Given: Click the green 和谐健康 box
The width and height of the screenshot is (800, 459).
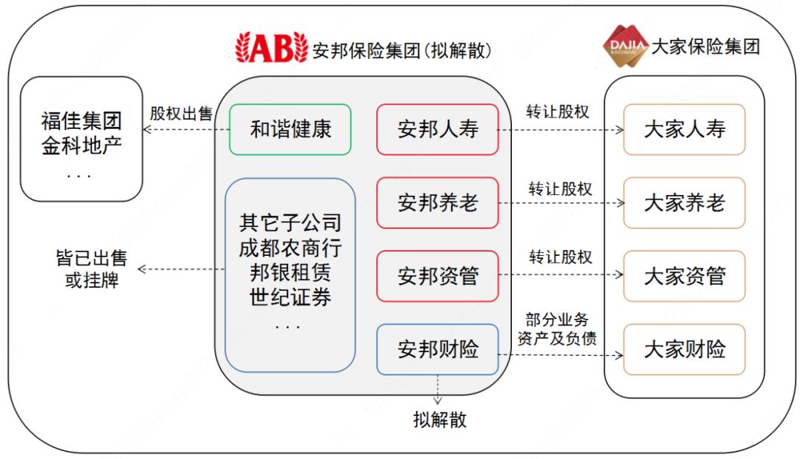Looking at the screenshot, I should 290,130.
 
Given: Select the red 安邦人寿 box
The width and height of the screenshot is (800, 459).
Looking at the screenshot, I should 437,130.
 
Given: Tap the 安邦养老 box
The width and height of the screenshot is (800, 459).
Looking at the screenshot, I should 437,202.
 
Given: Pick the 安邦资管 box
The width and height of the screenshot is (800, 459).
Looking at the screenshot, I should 437,276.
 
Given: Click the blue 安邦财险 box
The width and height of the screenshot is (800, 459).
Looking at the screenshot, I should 437,349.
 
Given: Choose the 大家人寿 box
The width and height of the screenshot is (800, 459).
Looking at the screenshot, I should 684,130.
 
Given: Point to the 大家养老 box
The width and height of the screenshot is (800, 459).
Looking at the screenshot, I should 684,202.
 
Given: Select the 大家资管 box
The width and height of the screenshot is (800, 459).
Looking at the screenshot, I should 684,276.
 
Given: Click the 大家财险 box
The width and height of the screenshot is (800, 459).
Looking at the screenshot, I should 684,349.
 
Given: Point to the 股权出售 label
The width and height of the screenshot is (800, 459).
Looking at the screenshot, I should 181,113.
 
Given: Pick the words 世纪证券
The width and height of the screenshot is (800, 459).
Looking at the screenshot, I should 290,298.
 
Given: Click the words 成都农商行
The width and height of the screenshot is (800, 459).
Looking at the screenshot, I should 290,247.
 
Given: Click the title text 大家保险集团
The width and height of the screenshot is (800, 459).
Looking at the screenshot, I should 705,47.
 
